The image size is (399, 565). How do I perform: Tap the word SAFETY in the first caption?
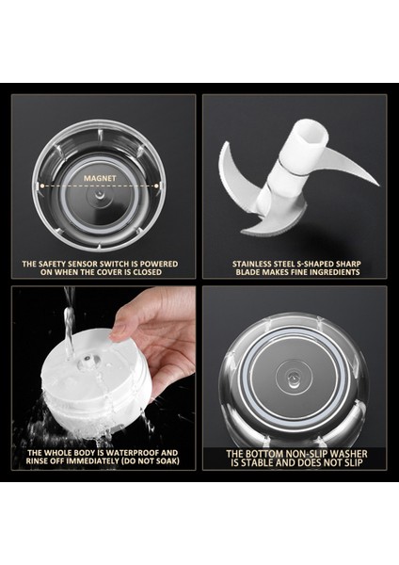pos(61,263)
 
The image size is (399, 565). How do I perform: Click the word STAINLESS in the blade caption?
pos(255,263)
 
